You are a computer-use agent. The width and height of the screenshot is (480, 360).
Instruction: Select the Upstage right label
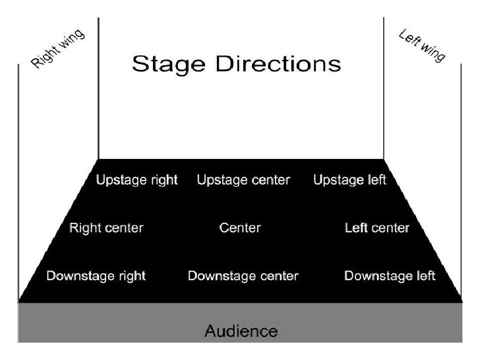tap(137, 180)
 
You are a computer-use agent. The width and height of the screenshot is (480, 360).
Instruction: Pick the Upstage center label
tap(243, 180)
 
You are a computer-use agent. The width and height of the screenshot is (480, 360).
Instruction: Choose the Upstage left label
tap(349, 180)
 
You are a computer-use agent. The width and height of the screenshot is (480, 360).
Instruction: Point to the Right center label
tap(106, 228)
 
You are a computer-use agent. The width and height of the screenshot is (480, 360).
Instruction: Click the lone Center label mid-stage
tap(240, 228)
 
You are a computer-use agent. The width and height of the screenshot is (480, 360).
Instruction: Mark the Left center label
tap(377, 228)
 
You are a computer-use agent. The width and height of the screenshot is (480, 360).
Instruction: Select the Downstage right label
tap(96, 276)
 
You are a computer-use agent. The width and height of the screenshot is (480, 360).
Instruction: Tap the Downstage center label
tap(243, 276)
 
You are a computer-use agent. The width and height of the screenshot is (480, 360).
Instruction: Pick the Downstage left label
tap(390, 276)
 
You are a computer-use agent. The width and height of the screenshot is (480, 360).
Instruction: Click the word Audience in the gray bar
tap(241, 330)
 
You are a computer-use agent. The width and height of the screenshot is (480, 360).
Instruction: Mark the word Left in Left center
tap(356, 228)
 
